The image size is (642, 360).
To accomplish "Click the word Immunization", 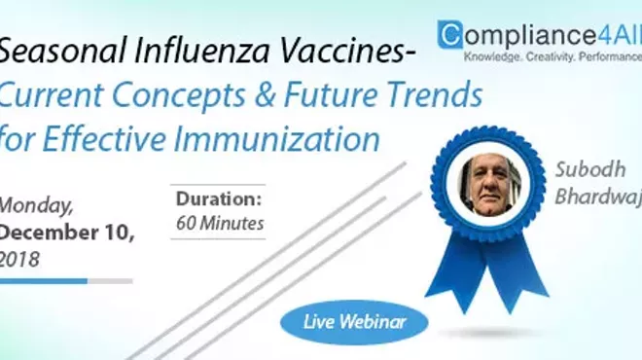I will click(x=283, y=139).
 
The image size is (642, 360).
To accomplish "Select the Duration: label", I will click(x=220, y=198).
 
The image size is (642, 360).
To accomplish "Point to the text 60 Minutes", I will click(x=220, y=223).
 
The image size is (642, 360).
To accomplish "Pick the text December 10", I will click(x=67, y=233).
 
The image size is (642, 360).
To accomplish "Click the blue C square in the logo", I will click(x=450, y=36).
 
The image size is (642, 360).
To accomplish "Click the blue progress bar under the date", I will click(x=44, y=280).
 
